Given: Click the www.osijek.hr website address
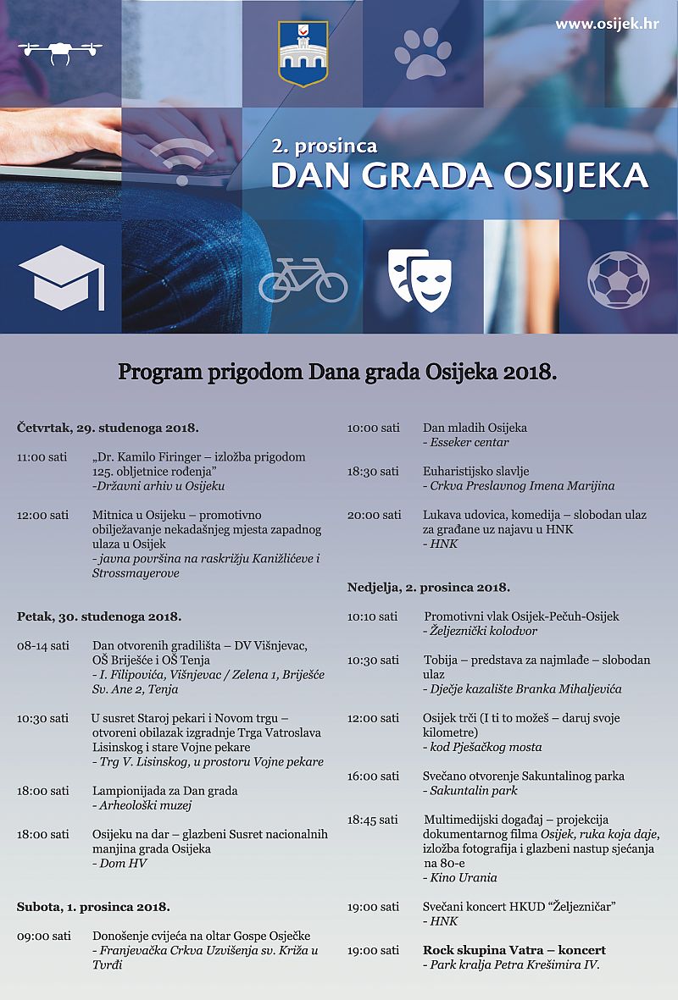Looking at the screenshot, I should [x=607, y=24].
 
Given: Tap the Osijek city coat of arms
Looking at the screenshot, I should [x=303, y=53].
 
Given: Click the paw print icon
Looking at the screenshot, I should [x=422, y=53].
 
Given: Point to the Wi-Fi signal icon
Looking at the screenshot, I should [x=182, y=161].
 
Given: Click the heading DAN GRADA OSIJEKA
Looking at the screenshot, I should [x=459, y=175].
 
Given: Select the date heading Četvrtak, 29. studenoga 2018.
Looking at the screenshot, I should [x=108, y=428].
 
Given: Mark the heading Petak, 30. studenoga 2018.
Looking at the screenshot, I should [x=99, y=616].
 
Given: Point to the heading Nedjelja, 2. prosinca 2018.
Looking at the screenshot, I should [x=429, y=587].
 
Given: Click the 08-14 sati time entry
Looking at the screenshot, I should [x=43, y=645].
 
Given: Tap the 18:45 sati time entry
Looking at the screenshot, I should [x=372, y=820].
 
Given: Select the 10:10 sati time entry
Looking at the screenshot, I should [x=372, y=616].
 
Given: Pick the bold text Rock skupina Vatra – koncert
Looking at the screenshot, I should [x=514, y=950].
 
